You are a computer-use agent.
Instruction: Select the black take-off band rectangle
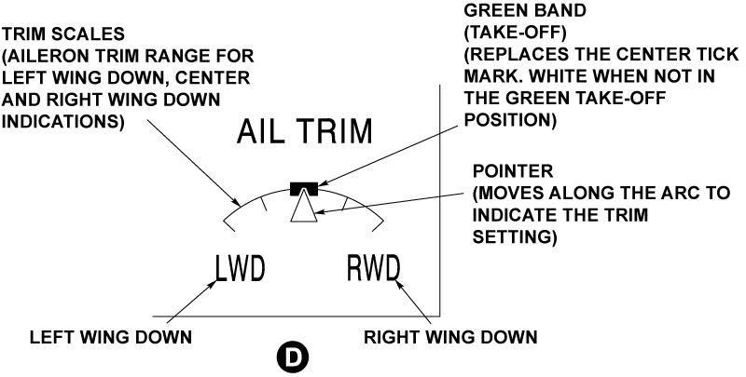305,189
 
